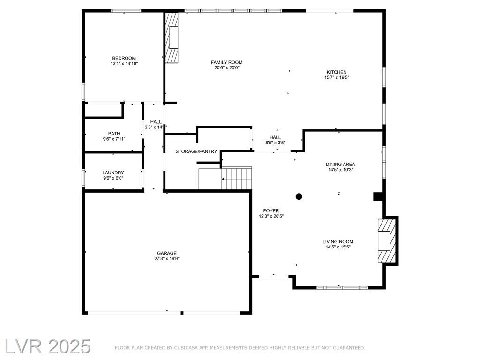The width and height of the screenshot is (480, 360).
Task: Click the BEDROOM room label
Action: (124, 58)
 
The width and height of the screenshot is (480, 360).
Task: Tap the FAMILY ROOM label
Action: (227, 62)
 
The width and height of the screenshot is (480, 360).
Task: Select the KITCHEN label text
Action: (337, 72)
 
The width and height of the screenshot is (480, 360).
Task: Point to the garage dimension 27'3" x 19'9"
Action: (167, 259)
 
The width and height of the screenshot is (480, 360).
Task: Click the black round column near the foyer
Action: (299, 196)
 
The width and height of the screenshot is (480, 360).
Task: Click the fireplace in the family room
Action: (172, 37)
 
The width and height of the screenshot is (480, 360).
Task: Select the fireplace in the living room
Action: (387, 241)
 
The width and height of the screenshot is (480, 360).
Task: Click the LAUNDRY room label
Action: (113, 173)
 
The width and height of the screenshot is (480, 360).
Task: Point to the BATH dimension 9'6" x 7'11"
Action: (114, 139)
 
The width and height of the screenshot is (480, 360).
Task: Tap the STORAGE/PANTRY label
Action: (196, 151)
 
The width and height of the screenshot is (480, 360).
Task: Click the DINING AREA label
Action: (340, 165)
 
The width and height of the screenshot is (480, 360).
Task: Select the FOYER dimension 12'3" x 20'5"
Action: (271, 216)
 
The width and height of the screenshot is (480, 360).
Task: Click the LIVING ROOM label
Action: (338, 242)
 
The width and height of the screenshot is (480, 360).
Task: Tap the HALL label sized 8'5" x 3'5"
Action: (275, 137)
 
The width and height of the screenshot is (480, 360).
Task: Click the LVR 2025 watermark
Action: (47, 347)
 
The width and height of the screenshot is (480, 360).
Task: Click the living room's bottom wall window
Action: (342, 288)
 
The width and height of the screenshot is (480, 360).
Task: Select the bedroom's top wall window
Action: (126, 11)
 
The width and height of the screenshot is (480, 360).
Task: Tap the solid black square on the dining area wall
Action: (378, 196)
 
